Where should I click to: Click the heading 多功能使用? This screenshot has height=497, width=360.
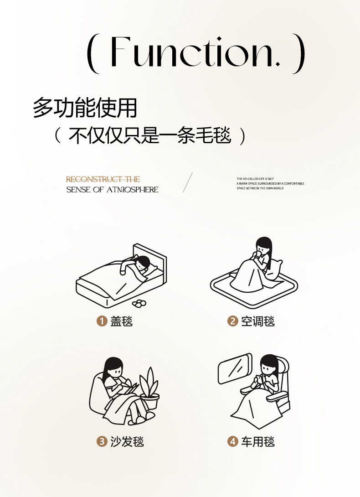pos(85,108)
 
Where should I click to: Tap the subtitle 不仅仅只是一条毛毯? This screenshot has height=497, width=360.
pos(149,135)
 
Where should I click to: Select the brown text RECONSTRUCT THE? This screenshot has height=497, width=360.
pos(103,179)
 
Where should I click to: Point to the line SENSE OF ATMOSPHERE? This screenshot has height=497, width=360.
pos(112,190)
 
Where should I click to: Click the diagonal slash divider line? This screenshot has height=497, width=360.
pos(188,182)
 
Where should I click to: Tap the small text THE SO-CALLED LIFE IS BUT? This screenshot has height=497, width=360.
pos(255,179)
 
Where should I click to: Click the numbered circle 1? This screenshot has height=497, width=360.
pos(102,321)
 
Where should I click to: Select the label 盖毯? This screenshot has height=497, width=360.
pos(121,321)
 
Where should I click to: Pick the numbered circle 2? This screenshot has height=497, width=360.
pos(232,321)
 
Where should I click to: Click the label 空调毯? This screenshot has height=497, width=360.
pos(257,321)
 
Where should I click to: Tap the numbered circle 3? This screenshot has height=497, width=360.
pos(102,441)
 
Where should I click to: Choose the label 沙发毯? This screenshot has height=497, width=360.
pos(127,441)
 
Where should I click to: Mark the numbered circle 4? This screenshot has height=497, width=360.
pos(232,441)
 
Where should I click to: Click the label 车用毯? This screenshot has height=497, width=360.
pos(257,441)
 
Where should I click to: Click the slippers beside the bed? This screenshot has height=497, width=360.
pos(139,303)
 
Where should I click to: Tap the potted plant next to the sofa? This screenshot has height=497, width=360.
pos(149,389)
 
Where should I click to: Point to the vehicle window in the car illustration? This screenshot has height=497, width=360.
pos(234,368)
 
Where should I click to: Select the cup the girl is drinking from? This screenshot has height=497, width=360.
pos(258,255)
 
